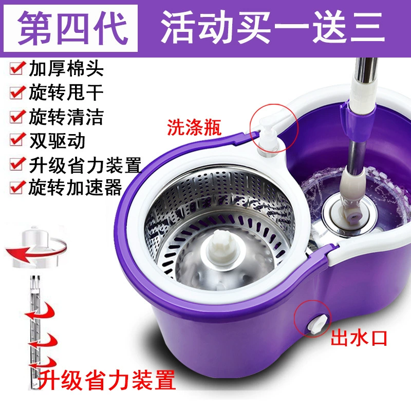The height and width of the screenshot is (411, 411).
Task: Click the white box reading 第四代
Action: [70, 28]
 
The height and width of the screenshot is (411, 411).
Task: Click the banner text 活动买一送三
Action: [273, 28]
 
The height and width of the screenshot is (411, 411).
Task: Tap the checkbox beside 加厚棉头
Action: [17, 68]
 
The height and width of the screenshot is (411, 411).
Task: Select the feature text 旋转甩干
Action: [66, 92]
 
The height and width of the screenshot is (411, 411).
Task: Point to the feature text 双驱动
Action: [57, 140]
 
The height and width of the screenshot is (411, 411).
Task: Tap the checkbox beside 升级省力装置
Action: [17, 164]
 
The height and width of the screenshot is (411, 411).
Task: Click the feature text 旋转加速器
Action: [75, 187]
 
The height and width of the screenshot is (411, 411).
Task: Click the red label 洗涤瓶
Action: [194, 127]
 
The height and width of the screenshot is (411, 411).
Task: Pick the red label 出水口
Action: [359, 338]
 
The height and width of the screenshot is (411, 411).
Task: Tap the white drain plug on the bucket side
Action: [316, 324]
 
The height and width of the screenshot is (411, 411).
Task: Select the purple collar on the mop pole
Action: [357, 123]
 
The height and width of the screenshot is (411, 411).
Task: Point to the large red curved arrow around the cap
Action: [35, 251]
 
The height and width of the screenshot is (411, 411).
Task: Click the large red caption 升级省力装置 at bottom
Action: [107, 380]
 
